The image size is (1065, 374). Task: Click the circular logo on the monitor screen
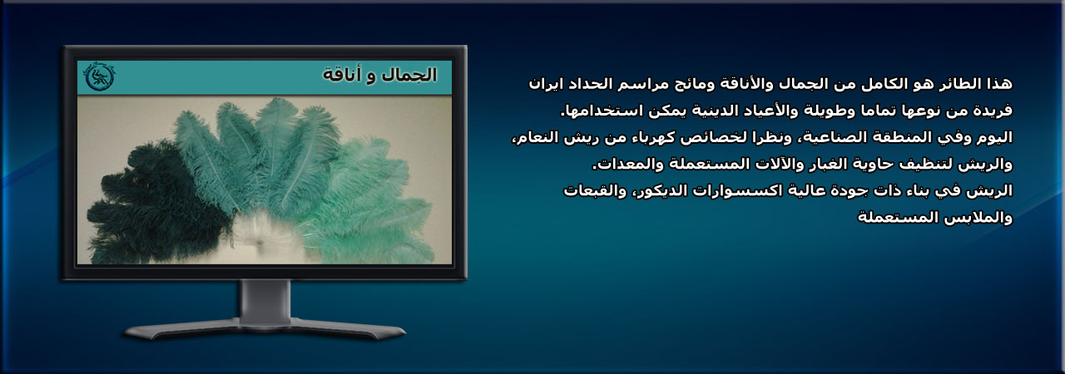tap(100, 76)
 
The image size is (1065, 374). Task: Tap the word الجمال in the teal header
tap(409, 75)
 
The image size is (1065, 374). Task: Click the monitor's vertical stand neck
tap(265, 302)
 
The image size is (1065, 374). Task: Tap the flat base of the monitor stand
tap(265, 329)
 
